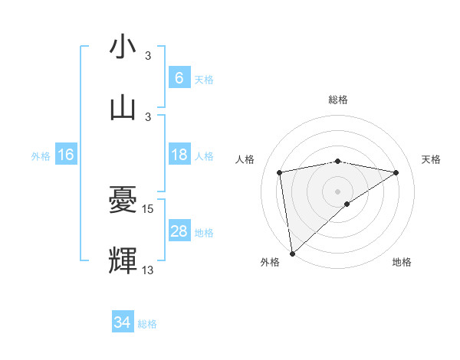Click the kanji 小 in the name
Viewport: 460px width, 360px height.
coord(123,47)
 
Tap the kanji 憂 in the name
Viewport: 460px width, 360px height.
coord(123,201)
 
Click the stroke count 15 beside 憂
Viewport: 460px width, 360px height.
coord(149,208)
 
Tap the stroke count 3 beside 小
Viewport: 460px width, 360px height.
coord(148,56)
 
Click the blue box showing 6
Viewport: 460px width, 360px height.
coord(179,77)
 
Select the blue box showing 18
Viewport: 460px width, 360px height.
coord(179,155)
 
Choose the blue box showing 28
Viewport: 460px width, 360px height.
coord(179,231)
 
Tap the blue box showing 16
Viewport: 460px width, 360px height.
coord(66,155)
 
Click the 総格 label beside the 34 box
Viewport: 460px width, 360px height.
coord(147,324)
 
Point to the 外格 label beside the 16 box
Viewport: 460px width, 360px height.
coord(41,155)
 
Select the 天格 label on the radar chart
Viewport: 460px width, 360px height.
coord(431,159)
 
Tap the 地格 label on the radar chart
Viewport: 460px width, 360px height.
coord(402,262)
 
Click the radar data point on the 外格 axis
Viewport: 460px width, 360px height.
coord(291,253)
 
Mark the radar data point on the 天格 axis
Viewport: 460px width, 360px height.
coord(396,172)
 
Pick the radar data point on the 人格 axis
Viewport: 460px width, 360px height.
coord(280,172)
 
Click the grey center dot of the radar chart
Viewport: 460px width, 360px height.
coord(338,190)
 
